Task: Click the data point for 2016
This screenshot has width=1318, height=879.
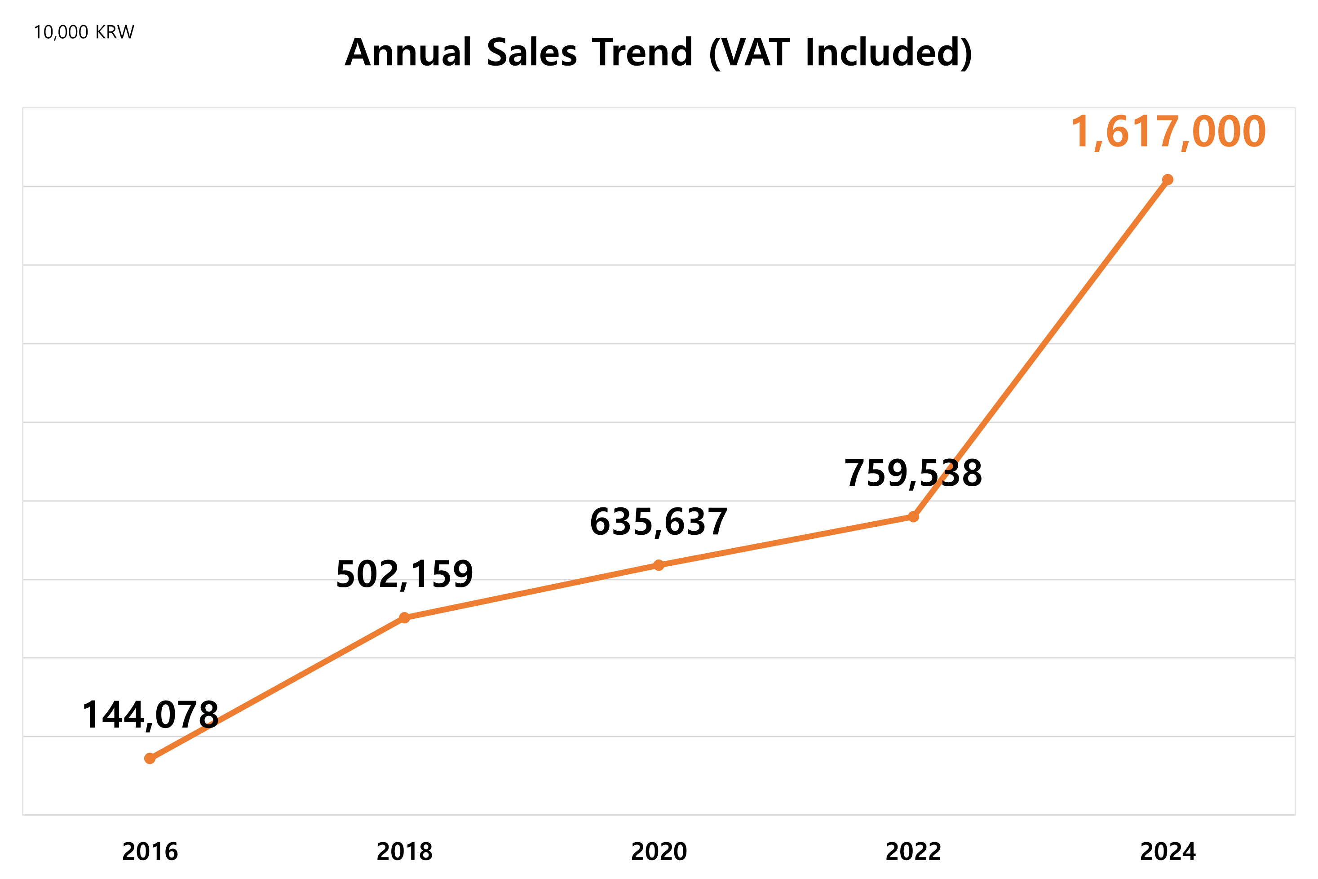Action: click(x=150, y=759)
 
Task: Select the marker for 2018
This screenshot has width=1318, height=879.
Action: click(x=405, y=618)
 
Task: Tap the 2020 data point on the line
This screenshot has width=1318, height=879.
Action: click(x=659, y=565)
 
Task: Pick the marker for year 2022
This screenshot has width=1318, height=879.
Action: click(x=913, y=516)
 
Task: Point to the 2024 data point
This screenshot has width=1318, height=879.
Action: click(x=1168, y=180)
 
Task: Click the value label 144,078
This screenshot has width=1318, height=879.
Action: click(x=150, y=715)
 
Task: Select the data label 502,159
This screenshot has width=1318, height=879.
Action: click(x=405, y=575)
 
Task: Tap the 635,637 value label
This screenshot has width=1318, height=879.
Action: click(x=659, y=522)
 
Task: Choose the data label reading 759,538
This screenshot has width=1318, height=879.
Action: click(x=913, y=473)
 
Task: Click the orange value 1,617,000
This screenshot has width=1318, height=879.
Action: click(x=1168, y=132)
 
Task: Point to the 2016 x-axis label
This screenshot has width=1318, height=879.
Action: click(x=150, y=852)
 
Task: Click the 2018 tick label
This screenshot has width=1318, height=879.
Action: click(x=405, y=852)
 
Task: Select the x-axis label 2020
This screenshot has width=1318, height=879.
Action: click(x=659, y=852)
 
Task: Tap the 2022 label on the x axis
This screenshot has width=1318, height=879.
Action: click(x=913, y=852)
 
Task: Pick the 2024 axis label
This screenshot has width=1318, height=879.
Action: click(x=1168, y=852)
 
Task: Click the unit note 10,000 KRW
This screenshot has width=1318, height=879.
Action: click(x=84, y=32)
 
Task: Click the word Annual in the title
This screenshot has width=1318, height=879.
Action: click(x=408, y=53)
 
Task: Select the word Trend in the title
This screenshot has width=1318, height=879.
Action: click(x=643, y=53)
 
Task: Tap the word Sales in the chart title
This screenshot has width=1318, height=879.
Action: click(x=532, y=53)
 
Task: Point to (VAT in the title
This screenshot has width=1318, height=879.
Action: click(x=750, y=53)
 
